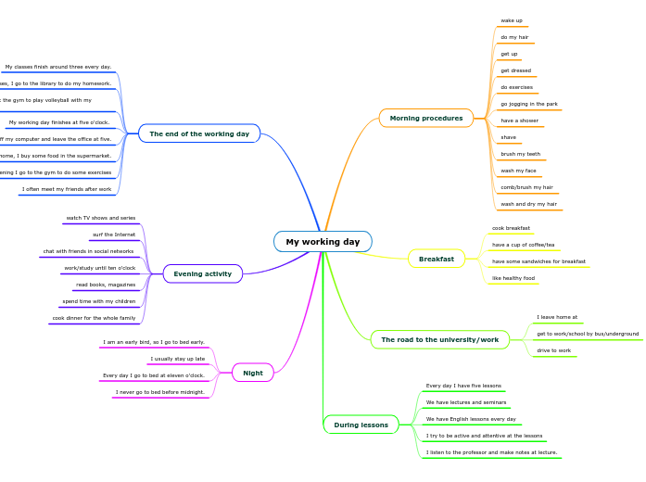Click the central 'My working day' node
(x=323, y=242)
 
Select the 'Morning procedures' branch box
(x=426, y=119)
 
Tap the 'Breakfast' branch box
(x=437, y=259)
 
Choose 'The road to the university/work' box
(x=439, y=340)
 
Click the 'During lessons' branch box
(x=361, y=425)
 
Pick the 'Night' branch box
(x=253, y=373)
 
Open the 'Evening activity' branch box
(x=203, y=273)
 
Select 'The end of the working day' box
(x=199, y=133)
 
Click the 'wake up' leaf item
(x=512, y=20)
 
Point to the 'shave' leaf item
(x=509, y=137)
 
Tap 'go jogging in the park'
(x=529, y=104)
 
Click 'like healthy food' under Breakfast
(x=513, y=278)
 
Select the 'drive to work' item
(x=554, y=350)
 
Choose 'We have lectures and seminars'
(x=466, y=402)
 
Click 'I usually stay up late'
(x=178, y=359)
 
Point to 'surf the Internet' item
(x=114, y=235)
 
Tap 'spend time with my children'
(x=99, y=301)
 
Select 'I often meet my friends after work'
(x=67, y=189)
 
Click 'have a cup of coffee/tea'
(x=524, y=245)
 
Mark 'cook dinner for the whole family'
(x=95, y=318)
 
